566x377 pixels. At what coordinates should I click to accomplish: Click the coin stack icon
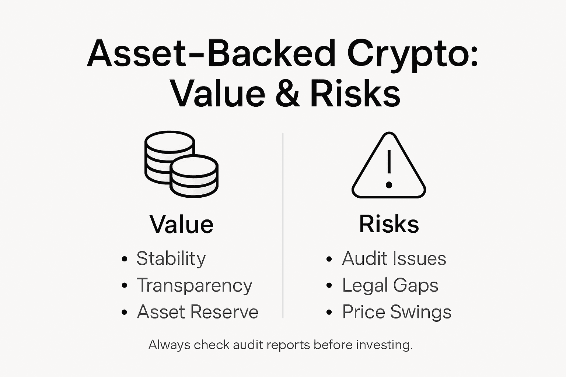coord(181,164)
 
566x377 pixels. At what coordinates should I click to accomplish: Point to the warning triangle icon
coord(389,166)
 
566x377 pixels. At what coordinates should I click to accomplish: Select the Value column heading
coord(181,224)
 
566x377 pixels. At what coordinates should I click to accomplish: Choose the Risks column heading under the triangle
coord(389,224)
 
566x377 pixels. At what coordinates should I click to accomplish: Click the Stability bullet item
coord(171,258)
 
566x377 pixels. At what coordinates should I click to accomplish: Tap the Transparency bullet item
coord(195,285)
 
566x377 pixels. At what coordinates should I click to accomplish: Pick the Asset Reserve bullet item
coord(198,312)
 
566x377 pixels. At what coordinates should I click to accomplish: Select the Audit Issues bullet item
coord(394,258)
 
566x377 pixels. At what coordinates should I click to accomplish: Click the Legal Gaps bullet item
coord(390,285)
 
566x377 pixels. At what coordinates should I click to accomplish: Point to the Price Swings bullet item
coord(396,312)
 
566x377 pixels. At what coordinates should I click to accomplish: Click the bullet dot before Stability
coord(125,259)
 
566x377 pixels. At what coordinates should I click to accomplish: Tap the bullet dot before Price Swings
coord(329,313)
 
